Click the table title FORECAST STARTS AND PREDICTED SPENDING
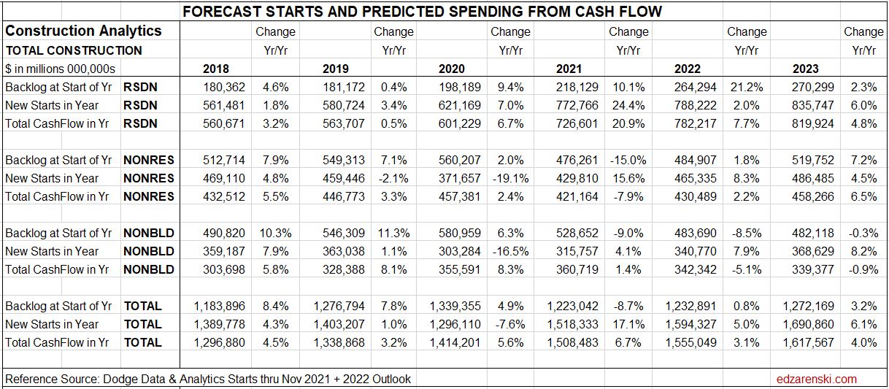(x=422, y=12)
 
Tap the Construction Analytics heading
(x=83, y=31)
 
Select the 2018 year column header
(x=215, y=69)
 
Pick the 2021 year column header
(x=569, y=69)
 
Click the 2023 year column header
(x=805, y=69)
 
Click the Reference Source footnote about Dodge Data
(x=208, y=379)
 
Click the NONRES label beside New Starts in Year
(x=149, y=178)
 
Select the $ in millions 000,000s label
(x=61, y=69)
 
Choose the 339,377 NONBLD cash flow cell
(x=813, y=269)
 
